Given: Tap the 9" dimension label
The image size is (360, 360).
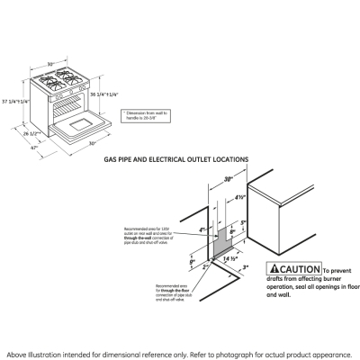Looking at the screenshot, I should coord(192,263).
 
